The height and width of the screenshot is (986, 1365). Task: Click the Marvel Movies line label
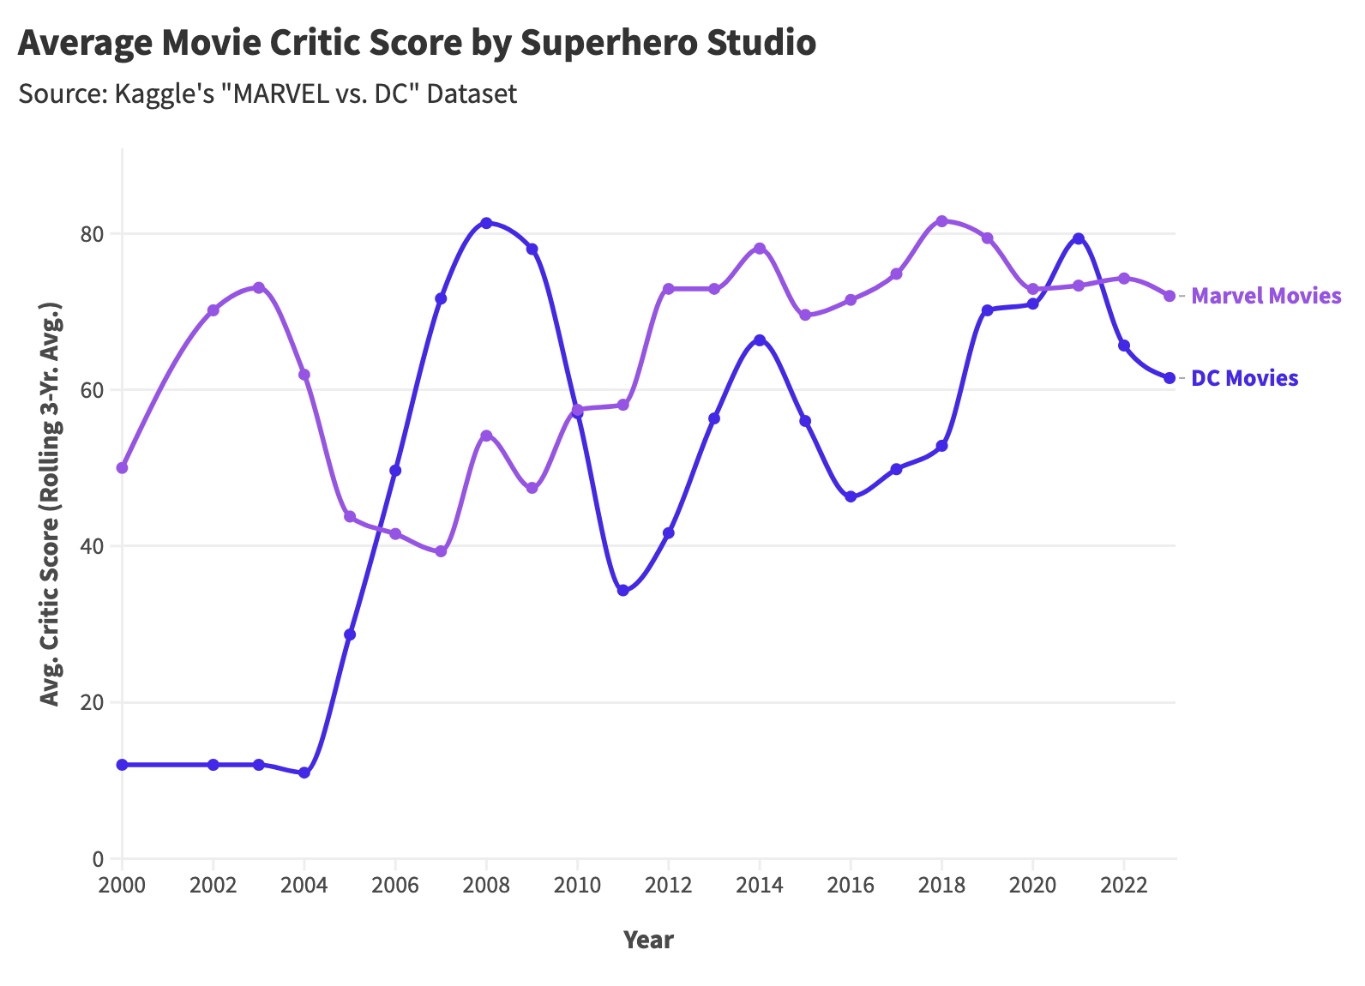click(1266, 297)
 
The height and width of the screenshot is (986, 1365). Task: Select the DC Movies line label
click(1244, 378)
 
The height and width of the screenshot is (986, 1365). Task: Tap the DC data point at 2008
click(486, 223)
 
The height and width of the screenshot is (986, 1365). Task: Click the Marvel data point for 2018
click(941, 221)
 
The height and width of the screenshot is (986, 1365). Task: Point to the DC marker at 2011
click(623, 591)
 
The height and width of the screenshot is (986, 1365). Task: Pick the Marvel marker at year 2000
click(123, 468)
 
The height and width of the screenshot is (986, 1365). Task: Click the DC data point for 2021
click(1079, 238)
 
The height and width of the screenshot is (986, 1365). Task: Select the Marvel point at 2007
click(441, 551)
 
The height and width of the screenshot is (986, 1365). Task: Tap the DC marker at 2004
click(304, 773)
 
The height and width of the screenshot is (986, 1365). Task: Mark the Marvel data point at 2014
click(760, 249)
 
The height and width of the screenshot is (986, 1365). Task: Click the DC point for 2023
click(1170, 378)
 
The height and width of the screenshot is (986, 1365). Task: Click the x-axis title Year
click(648, 940)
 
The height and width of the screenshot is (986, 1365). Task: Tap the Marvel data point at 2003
click(259, 288)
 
